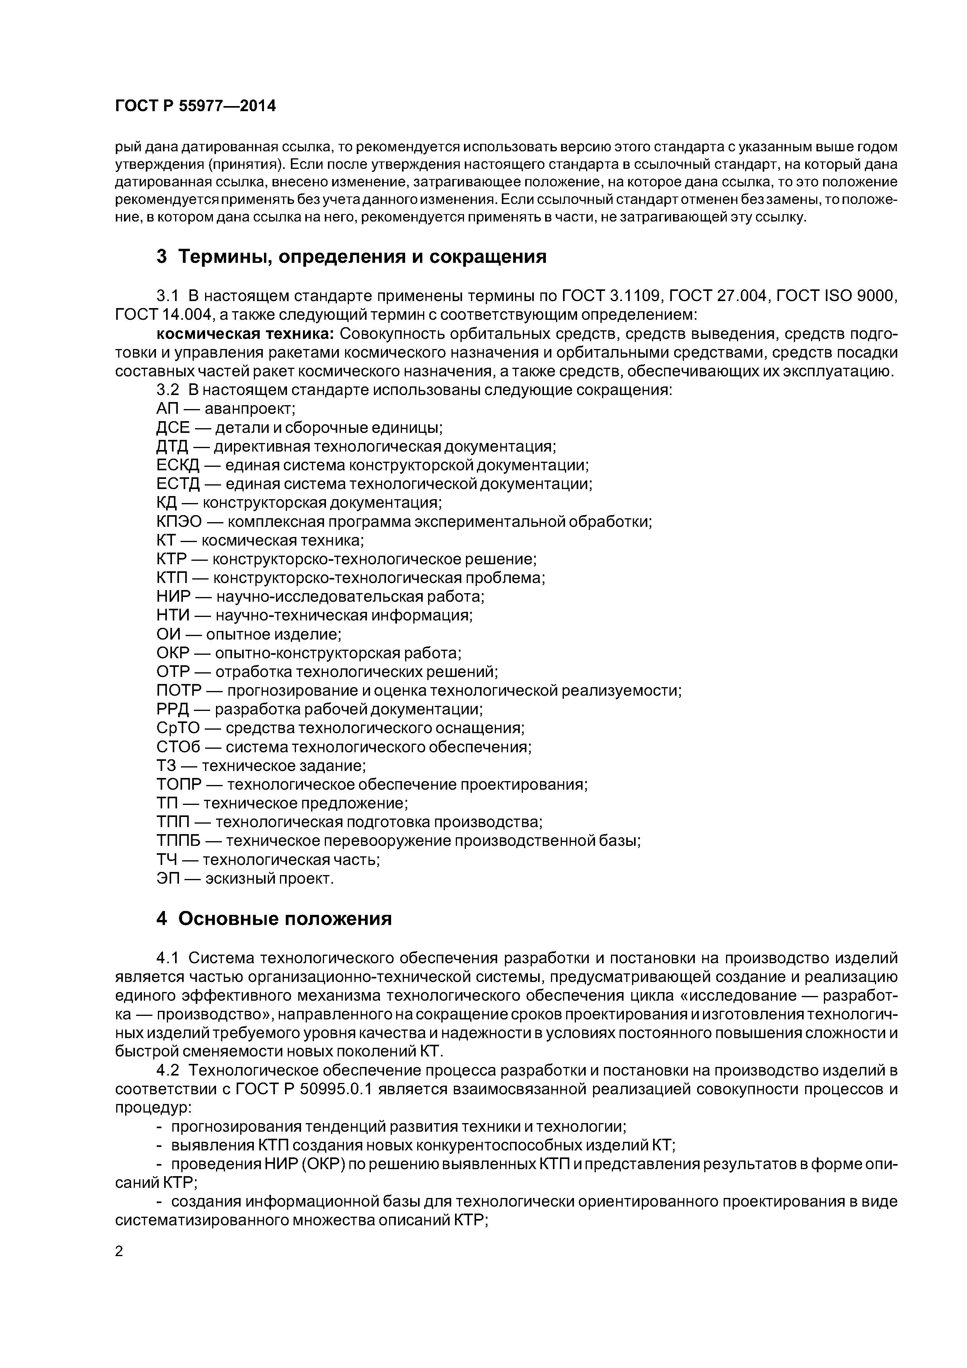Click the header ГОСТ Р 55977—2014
[x=195, y=106]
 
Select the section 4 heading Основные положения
[x=274, y=919]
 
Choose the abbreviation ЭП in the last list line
[x=168, y=878]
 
